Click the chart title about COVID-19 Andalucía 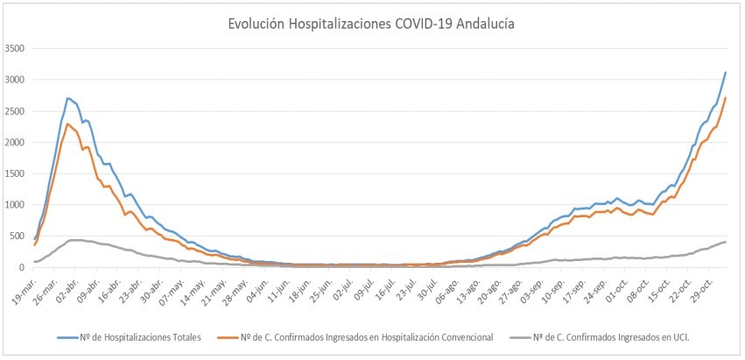point(372,24)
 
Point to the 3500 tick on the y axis point(16,48)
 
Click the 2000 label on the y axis point(16,142)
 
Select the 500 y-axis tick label point(18,236)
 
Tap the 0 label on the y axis point(25,267)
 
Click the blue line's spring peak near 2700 point(68,98)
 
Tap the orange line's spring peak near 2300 point(68,124)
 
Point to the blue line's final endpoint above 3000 point(726,72)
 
